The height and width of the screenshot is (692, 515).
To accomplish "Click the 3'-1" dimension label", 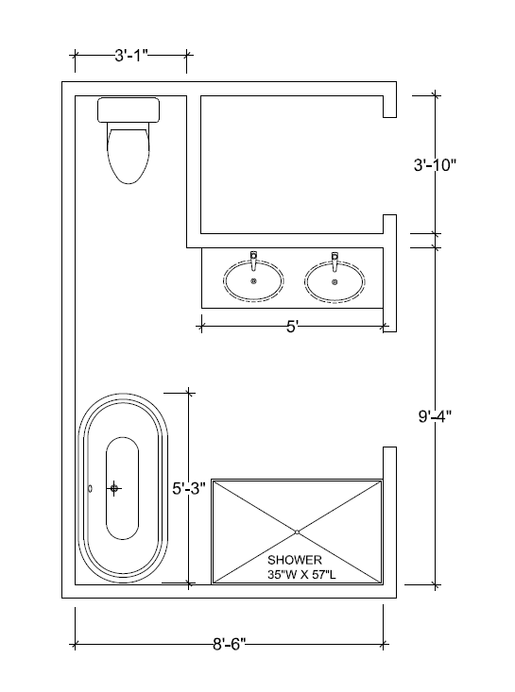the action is point(131,56).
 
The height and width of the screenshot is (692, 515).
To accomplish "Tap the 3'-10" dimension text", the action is point(435,165).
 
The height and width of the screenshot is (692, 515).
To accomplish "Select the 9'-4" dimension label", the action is point(435,415).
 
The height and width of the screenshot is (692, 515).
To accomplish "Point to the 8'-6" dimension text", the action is point(229,644).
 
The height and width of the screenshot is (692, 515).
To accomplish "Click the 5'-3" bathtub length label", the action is point(189,488).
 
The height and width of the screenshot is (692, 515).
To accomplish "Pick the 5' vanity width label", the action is point(292,327).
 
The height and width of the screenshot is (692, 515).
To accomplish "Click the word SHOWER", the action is point(295,560).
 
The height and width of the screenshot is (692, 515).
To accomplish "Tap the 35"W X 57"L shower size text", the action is point(301,574).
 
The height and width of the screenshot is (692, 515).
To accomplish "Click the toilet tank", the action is point(129,110).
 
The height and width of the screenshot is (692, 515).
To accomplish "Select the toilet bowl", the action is point(129,155).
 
